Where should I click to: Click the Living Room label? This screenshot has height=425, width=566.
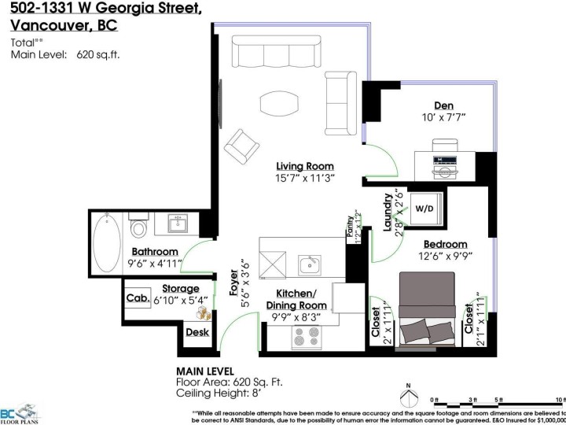[304, 166]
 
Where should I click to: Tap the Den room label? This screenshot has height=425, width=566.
[444, 106]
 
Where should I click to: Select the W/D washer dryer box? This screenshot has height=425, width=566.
[424, 209]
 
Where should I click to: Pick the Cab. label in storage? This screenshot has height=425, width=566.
[138, 298]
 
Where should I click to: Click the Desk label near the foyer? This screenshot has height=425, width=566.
[197, 333]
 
